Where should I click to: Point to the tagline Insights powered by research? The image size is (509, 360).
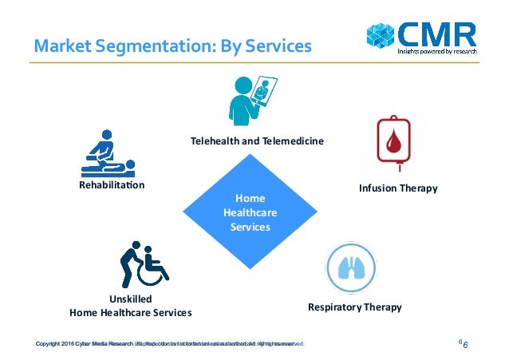coord(437,51)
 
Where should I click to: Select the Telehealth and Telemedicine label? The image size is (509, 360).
coord(257,140)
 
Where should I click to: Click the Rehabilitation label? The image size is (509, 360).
coord(106,185)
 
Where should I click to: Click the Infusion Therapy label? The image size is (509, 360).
coord(397,188)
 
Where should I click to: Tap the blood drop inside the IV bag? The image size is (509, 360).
coord(393,144)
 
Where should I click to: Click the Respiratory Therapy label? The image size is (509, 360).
coord(354,307)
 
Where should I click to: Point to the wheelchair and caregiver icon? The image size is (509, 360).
coord(142,263)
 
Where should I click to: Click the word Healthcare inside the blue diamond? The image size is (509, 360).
coord(250,212)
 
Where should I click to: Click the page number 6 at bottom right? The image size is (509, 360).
coord(464,344)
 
